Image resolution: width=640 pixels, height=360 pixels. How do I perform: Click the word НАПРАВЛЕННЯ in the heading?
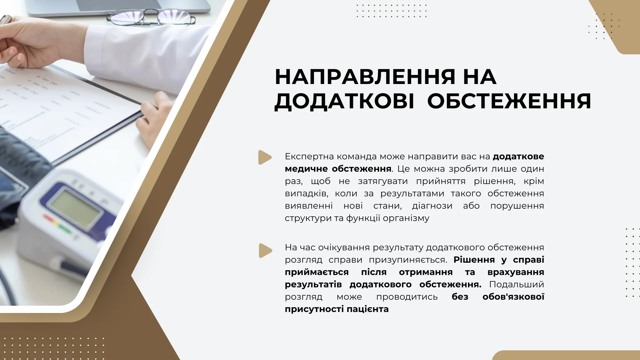point(365,77)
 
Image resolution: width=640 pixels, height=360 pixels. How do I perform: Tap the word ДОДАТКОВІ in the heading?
point(344,101)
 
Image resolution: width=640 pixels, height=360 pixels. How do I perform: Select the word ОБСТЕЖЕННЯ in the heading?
point(509,101)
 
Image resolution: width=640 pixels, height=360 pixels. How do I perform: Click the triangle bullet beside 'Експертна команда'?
point(265,157)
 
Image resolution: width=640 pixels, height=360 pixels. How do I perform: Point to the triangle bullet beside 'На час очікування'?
point(266,251)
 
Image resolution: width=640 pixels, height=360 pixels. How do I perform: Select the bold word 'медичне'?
point(306,169)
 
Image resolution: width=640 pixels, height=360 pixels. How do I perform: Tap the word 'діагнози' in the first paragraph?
point(432,206)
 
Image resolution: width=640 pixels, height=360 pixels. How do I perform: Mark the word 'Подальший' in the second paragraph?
point(517,285)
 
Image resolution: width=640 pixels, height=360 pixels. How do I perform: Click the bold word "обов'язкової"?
point(513,297)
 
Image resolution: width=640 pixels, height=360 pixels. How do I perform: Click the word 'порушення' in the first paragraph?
point(517,206)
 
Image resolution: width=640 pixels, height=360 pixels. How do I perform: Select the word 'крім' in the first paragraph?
point(534,181)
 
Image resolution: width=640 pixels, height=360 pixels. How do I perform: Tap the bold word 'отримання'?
point(426,272)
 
